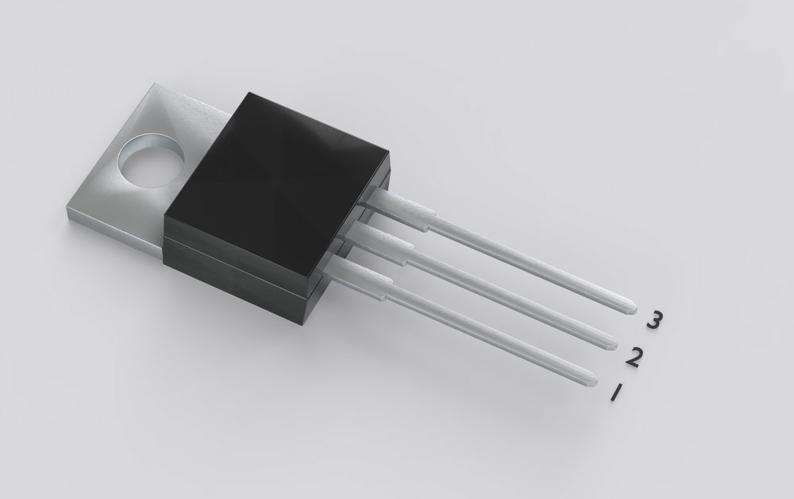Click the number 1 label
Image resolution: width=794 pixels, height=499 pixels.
[x=615, y=393]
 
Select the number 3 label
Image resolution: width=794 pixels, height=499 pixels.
[x=653, y=321]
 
